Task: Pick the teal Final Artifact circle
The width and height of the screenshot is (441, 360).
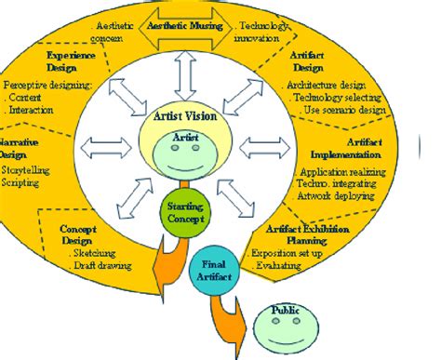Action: pos(217,270)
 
